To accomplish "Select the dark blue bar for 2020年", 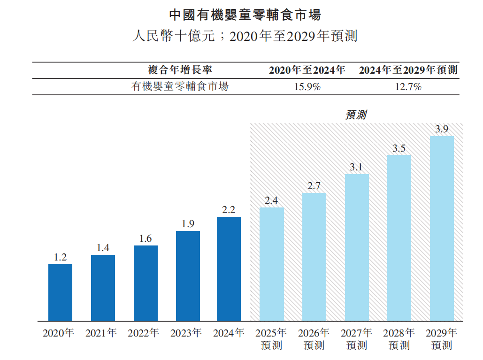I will tap(60, 292).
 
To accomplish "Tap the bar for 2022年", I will tap(146, 283).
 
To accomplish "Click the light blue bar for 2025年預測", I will tap(271, 264).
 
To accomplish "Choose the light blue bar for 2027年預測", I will tap(357, 247).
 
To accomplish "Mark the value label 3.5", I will tap(399, 148).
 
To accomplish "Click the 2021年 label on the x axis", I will tap(101, 333).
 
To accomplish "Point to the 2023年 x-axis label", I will tap(186, 333).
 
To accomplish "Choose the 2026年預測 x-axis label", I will tap(314, 339).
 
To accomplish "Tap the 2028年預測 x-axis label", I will tap(399, 339).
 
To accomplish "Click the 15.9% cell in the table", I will tap(307, 87).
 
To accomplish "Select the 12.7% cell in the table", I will tap(408, 87).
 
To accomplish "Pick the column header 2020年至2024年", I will tap(307, 70).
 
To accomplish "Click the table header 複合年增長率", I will tap(180, 70).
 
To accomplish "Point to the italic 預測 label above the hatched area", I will tap(355, 115).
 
